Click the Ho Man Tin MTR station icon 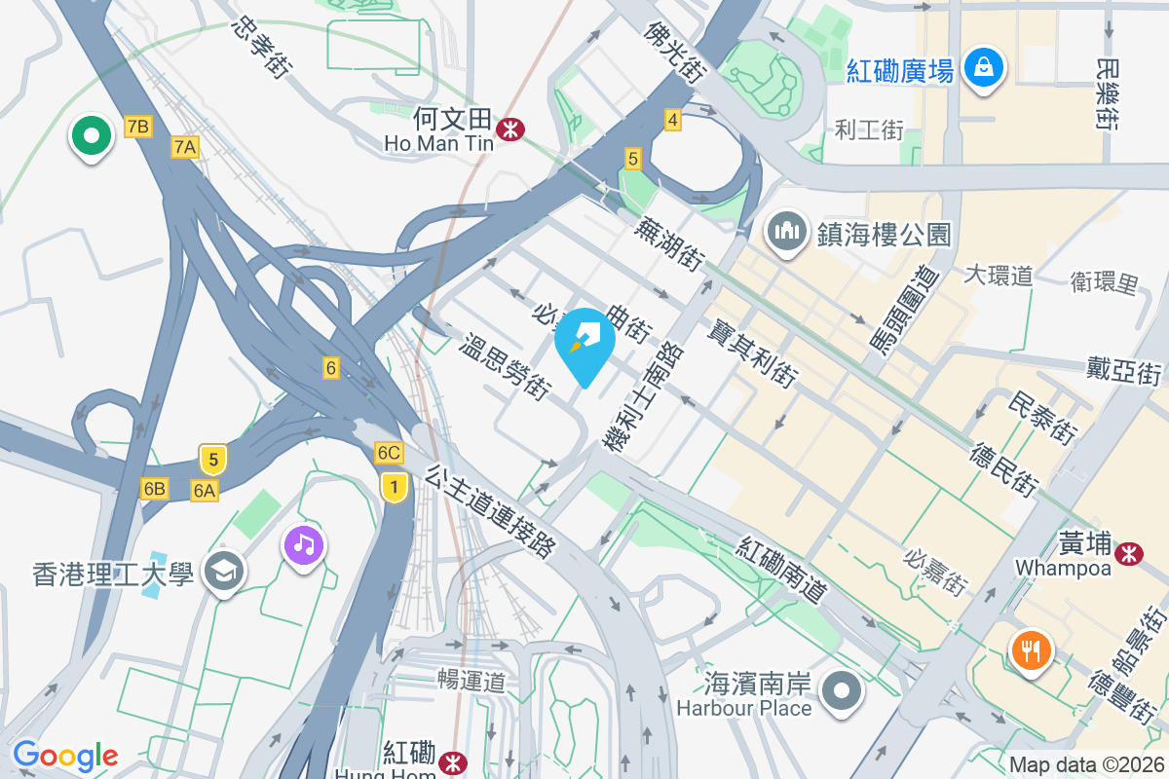point(509,128)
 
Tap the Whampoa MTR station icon point(1130,553)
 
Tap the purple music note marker point(304,543)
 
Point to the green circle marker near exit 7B point(91,136)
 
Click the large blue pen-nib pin point(584,342)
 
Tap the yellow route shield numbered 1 point(394,486)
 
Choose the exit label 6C point(389,453)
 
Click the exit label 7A point(185,147)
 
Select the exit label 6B point(154,489)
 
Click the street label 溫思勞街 point(504,367)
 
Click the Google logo point(65,755)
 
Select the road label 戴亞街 point(1125,370)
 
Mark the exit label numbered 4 point(672,120)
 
